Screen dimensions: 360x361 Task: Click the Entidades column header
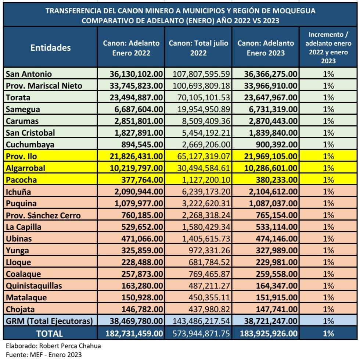click(51, 48)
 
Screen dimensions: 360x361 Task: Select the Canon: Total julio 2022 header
click(198, 48)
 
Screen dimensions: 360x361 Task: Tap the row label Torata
click(18, 97)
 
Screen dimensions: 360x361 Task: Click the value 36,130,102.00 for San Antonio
click(136, 74)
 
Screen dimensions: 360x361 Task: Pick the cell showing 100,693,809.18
click(201, 86)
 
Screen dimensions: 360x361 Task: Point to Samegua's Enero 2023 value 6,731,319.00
click(273, 109)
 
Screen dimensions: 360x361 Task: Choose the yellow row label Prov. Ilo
click(21, 156)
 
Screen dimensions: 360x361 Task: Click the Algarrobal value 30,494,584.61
click(204, 168)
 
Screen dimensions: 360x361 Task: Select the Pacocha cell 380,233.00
click(277, 180)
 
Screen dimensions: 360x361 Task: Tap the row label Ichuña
click(18, 192)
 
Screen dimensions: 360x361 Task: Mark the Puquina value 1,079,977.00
click(139, 203)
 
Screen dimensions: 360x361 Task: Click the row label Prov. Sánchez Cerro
click(43, 215)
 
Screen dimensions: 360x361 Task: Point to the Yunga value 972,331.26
click(209, 250)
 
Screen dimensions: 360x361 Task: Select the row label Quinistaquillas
click(34, 286)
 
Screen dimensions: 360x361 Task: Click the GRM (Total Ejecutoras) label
click(49, 321)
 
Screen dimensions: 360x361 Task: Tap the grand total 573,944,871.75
click(201, 333)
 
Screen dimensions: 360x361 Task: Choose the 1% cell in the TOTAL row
click(328, 333)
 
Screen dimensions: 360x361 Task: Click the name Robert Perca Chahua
click(70, 346)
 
